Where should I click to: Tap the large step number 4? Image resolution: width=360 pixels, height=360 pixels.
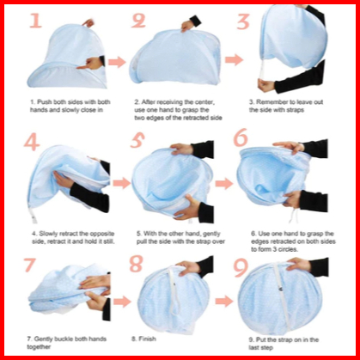32,141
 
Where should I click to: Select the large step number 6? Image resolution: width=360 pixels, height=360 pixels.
240,137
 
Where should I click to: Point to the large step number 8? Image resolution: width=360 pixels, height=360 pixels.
136,264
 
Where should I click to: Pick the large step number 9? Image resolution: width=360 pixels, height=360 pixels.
241,268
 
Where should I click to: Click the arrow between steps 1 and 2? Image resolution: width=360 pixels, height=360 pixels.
117,62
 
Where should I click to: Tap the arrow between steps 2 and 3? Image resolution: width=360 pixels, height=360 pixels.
234,59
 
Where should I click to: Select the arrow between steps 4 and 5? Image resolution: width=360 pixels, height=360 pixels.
121,183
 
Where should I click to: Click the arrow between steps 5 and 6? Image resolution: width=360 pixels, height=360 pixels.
224,183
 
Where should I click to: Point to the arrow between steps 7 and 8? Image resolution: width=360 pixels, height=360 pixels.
122,302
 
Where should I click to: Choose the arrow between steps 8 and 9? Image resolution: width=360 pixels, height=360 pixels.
224,302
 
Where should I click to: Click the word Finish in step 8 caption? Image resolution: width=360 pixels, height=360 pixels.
147,339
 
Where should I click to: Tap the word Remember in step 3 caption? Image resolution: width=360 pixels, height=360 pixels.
270,102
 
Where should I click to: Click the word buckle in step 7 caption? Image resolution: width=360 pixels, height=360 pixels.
64,339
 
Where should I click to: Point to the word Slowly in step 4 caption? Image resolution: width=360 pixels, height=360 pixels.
48,234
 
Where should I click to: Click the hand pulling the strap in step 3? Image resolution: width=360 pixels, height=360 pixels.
266,85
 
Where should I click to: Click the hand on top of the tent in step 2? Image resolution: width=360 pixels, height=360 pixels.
187,26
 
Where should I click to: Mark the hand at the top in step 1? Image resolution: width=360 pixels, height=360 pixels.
88,23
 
